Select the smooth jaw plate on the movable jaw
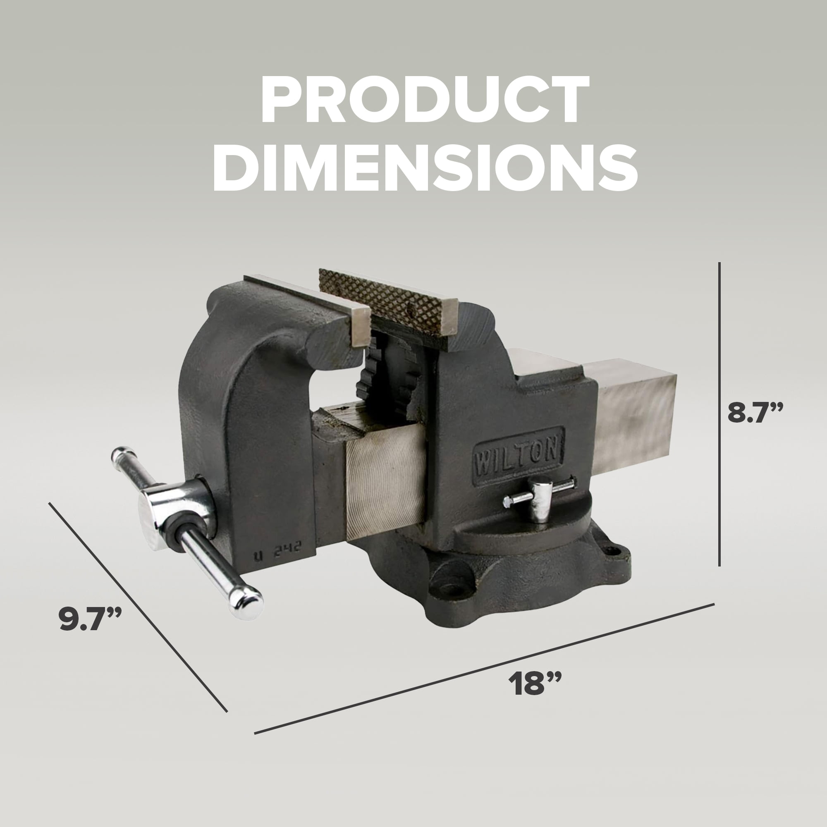[308, 295]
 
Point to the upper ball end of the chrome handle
[121, 454]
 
